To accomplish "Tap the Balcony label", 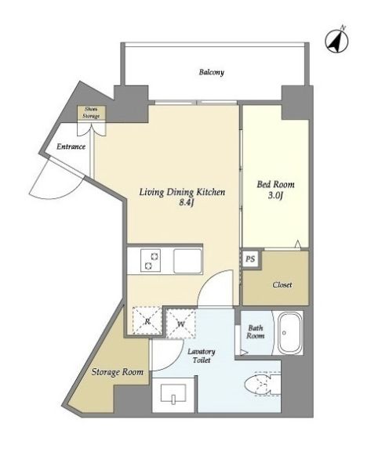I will coord(211,73).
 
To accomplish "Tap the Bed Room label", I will coord(274,185).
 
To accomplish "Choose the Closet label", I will coord(282,284).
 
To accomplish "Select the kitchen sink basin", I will coord(187,260).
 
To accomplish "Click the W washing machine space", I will coord(180,321).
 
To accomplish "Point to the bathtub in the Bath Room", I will coord(289,337).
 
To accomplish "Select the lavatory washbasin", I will coord(173,395).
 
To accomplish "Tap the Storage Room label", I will coord(115,372).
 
